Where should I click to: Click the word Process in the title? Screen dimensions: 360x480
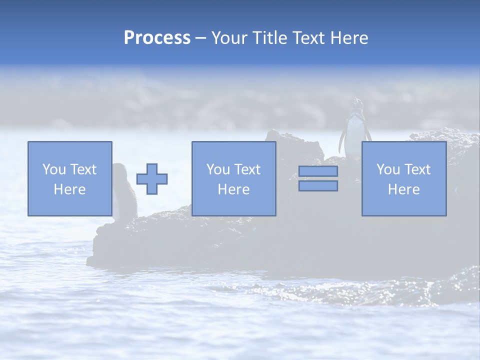point(157,38)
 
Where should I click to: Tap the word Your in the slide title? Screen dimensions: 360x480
point(229,38)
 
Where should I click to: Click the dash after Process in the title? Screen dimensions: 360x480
point(201,38)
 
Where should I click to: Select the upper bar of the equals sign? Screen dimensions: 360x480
point(318,171)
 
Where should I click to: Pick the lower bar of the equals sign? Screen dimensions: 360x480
point(318,186)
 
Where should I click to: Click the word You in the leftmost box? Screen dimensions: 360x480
point(54,169)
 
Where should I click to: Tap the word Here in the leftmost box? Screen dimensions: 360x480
point(69,189)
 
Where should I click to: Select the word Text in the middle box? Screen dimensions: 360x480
point(247,169)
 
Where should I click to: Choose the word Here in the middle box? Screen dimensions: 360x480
point(233,189)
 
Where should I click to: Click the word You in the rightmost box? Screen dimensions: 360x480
point(388,169)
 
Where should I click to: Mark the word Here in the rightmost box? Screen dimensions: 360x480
point(403,189)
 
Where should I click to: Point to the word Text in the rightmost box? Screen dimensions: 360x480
point(417,169)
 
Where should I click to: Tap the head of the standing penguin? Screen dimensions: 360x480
point(356,103)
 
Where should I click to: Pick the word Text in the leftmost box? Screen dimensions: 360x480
point(83,169)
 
